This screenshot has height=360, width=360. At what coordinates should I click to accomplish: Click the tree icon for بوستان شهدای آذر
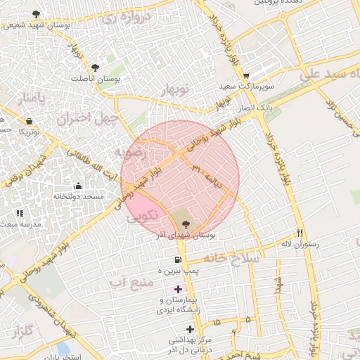click(x=185, y=224)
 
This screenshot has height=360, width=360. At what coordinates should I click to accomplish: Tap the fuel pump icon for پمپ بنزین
click(x=168, y=260)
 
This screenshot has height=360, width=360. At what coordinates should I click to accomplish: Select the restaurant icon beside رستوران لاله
click(x=300, y=233)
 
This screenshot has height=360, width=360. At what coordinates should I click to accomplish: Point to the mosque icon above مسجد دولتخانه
click(x=78, y=187)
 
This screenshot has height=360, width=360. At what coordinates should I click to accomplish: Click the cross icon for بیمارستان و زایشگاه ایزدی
click(x=178, y=289)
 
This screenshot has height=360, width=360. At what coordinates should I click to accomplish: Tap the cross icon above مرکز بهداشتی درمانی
click(x=190, y=329)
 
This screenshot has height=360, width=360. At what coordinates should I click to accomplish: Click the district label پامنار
click(x=30, y=98)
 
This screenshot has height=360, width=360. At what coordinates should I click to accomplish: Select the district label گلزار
click(x=24, y=331)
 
